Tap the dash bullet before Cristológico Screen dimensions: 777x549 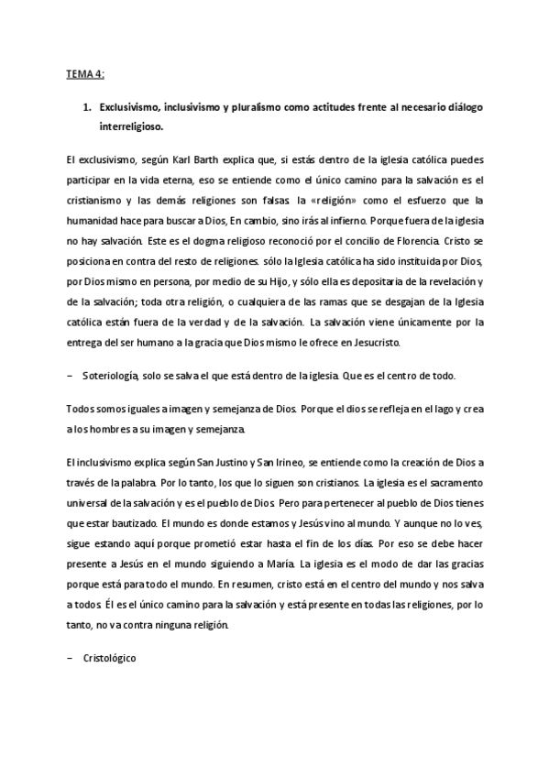click(71, 657)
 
